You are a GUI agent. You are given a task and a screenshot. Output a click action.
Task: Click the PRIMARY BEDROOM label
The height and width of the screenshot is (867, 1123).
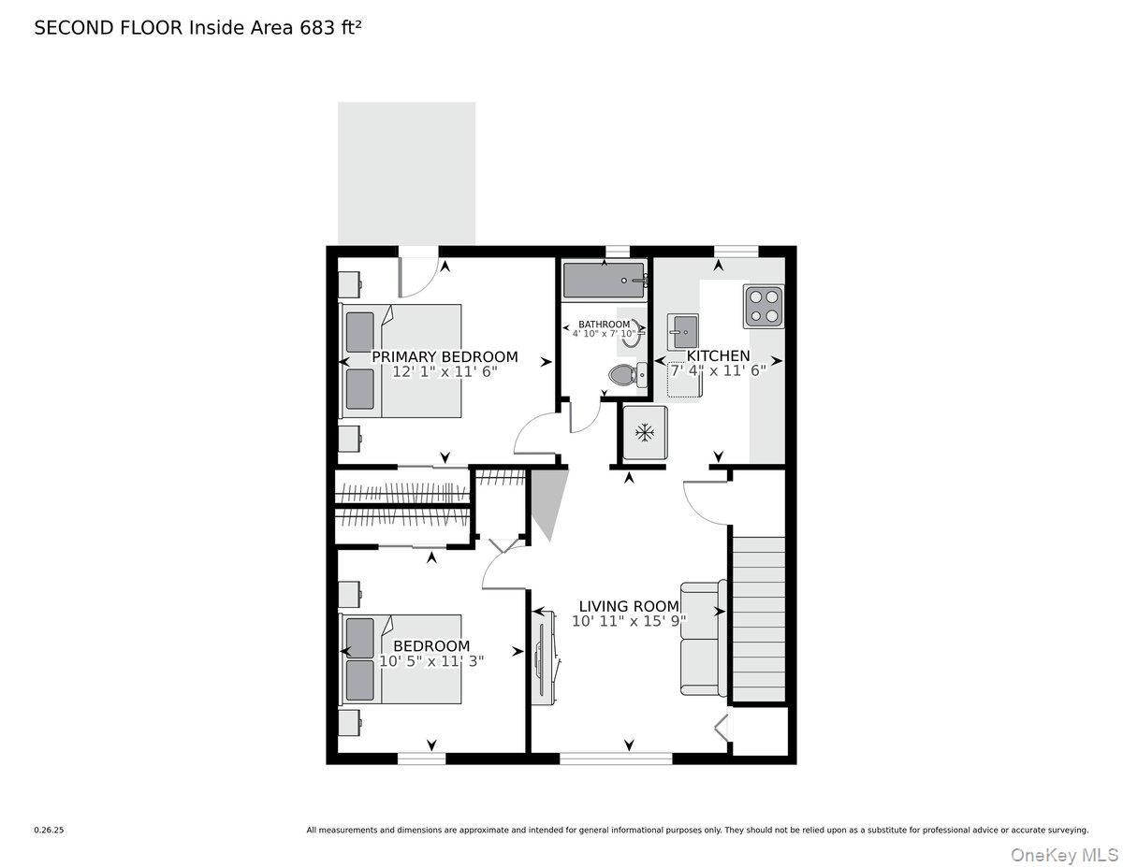click(445, 356)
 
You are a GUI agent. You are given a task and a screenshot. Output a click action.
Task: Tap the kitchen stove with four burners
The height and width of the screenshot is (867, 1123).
click(764, 307)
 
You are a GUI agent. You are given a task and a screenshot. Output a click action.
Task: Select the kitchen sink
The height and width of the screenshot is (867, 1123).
click(682, 331)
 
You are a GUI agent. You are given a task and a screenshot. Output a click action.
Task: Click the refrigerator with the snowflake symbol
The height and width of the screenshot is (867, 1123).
click(644, 433)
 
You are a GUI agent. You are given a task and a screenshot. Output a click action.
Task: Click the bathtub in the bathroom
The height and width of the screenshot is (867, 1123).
click(604, 279)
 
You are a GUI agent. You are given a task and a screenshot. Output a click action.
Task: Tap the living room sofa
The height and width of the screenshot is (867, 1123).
click(703, 638)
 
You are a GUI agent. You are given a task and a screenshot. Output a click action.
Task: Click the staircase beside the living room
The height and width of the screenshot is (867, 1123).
click(758, 617)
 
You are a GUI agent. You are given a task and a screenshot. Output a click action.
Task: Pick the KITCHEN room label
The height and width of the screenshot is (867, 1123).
click(719, 355)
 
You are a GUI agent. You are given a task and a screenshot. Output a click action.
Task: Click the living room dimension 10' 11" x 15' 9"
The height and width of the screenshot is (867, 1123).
click(630, 621)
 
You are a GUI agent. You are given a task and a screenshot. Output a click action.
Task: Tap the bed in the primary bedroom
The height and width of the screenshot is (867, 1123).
click(402, 360)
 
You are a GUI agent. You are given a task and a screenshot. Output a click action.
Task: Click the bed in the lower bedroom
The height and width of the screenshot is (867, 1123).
click(402, 658)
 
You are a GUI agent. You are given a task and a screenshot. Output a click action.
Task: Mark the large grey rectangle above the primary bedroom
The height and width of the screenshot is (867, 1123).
click(406, 173)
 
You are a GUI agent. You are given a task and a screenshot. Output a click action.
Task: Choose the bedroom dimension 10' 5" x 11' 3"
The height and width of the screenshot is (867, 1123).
click(431, 661)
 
